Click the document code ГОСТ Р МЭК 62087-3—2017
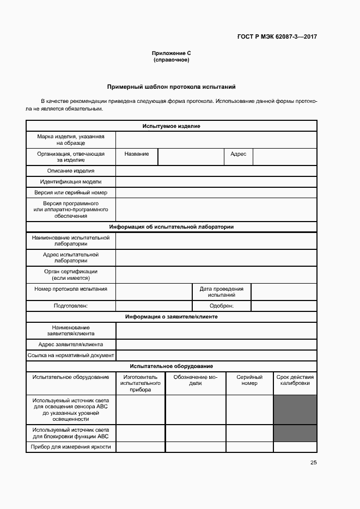pos(277,37)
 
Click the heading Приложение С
pos(171,53)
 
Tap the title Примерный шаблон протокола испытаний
pos(172,87)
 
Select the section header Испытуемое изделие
pos(171,126)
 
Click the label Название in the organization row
pos(137,154)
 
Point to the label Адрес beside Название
pos(239,154)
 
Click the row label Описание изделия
pos(71,171)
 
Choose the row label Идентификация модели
pos(71,182)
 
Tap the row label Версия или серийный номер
pos(71,193)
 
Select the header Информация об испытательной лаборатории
pos(171,227)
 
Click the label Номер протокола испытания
pos(71,289)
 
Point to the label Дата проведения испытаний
pos(221,292)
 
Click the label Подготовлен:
pos(71,306)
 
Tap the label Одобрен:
pos(221,306)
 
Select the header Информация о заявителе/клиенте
pos(171,317)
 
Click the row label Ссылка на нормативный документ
pos(71,355)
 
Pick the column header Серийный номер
pos(249,380)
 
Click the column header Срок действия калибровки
pos(295,380)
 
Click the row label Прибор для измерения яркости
pos(71,447)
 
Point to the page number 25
pos(313,463)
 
